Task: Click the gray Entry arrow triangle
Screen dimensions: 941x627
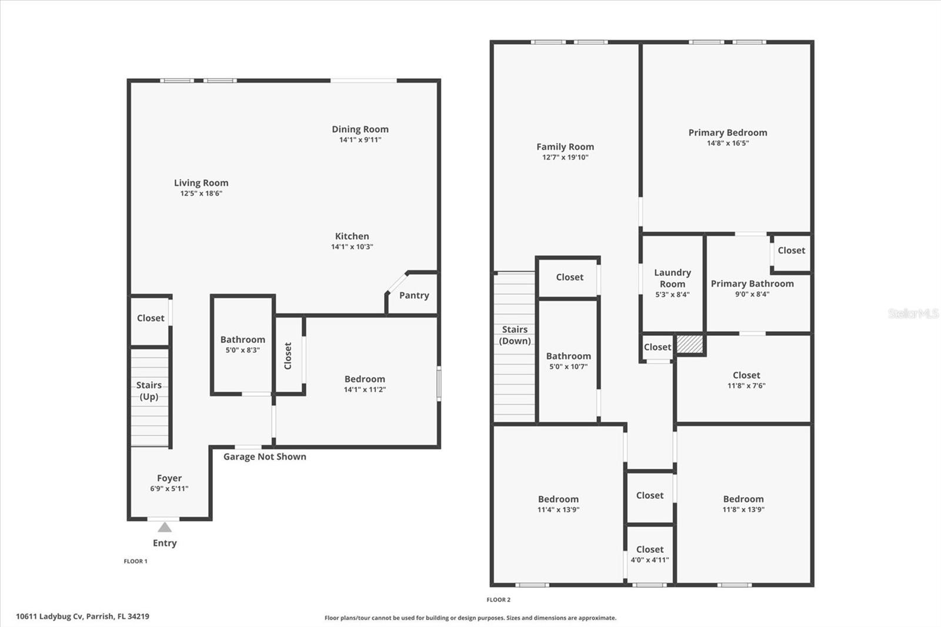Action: (x=165, y=527)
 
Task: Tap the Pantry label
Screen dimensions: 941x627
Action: (x=414, y=295)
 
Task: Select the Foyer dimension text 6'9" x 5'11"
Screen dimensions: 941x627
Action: (x=169, y=488)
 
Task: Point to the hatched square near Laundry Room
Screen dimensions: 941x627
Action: (x=690, y=343)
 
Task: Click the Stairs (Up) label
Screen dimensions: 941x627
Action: (x=149, y=391)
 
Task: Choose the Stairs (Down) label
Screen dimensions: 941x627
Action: (x=515, y=335)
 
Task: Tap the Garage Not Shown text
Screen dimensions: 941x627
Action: (x=265, y=456)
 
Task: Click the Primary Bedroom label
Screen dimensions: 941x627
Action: (x=728, y=133)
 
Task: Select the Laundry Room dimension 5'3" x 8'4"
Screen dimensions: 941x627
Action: (x=673, y=295)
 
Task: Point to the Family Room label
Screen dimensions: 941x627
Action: (x=565, y=146)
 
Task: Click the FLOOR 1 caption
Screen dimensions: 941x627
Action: (x=136, y=561)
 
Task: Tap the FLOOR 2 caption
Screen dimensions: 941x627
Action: (x=499, y=600)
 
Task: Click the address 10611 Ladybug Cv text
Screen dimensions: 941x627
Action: (x=49, y=616)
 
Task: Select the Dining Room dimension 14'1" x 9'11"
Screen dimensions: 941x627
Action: (x=361, y=139)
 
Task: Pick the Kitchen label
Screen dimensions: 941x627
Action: (x=352, y=236)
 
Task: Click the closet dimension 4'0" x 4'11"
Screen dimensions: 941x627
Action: (x=650, y=560)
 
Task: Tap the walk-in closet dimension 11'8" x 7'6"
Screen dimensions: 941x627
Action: (x=746, y=385)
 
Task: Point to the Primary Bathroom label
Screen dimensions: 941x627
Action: (x=752, y=284)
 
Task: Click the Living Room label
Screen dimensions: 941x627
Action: (x=201, y=184)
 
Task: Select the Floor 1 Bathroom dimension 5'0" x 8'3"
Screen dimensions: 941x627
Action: (x=243, y=350)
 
